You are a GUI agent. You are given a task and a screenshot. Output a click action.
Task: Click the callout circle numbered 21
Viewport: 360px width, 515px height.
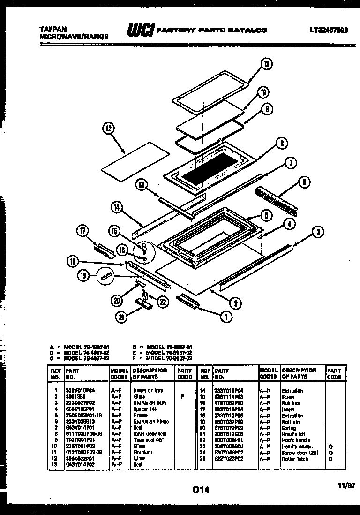pyautogui.click(x=121, y=318)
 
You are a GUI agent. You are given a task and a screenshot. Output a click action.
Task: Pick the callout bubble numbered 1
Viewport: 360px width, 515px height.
pyautogui.click(x=226, y=317)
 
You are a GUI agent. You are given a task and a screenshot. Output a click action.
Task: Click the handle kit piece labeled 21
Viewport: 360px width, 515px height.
pyautogui.click(x=143, y=305)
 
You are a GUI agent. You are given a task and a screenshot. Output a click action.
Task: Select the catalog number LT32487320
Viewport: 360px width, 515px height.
pyautogui.click(x=328, y=30)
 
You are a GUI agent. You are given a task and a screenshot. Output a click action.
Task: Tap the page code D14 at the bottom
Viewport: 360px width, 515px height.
pyautogui.click(x=200, y=490)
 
